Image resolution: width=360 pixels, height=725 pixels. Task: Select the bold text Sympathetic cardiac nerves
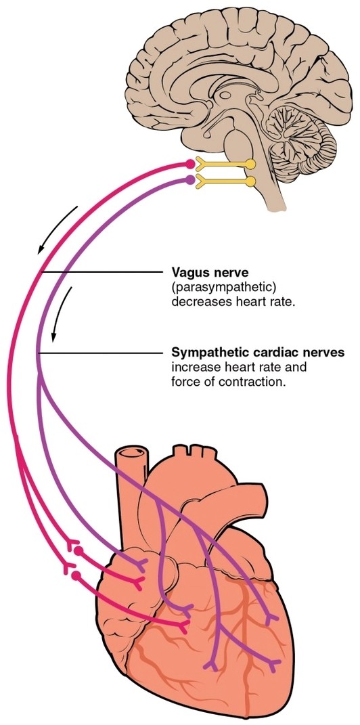point(258,353)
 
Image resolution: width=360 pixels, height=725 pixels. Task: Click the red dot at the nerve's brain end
point(190,164)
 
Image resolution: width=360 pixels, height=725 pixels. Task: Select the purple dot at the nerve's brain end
point(189,180)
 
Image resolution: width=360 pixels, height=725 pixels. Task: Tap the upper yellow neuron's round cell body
point(250,164)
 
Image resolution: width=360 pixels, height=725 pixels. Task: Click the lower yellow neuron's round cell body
point(250,181)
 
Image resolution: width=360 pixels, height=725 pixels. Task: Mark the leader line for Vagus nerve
point(102,272)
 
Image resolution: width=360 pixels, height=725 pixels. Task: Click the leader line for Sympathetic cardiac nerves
point(102,353)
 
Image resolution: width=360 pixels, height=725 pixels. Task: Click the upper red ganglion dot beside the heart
point(79,552)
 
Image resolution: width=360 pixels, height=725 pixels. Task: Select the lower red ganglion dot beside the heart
point(76,575)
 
